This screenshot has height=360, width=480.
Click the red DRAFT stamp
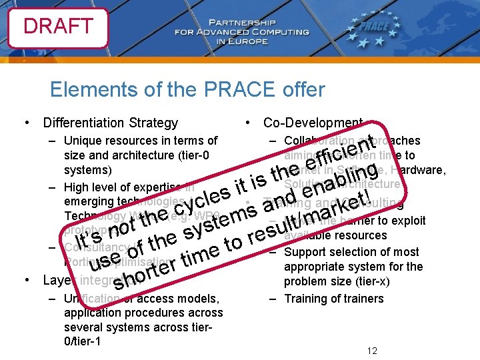[58, 27]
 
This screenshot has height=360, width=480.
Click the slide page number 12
[372, 351]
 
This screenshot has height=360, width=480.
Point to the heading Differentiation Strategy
[110, 123]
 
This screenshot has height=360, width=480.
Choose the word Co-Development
[313, 123]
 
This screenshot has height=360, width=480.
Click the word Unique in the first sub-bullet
[82, 141]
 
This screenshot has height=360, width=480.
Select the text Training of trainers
[334, 299]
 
